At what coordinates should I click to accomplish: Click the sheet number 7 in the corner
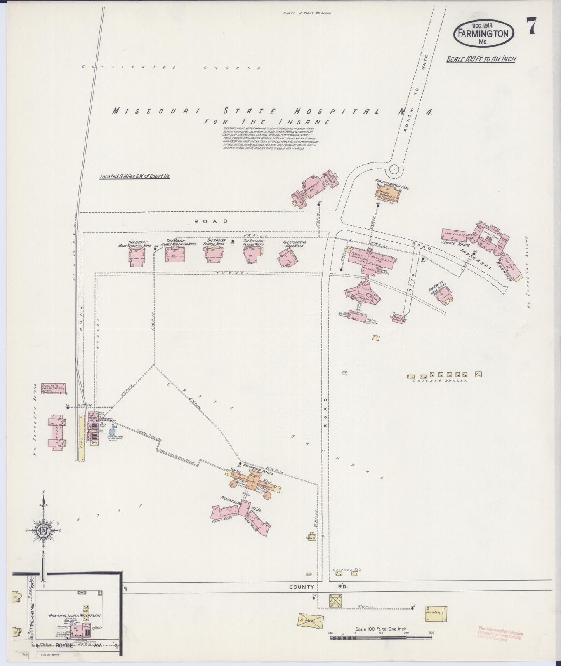tap(531, 28)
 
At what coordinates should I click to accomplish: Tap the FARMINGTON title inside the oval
tap(483, 33)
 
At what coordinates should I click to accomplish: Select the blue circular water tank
tap(112, 432)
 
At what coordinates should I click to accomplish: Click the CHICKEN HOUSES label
tap(440, 381)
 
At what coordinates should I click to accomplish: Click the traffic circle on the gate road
tap(394, 169)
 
